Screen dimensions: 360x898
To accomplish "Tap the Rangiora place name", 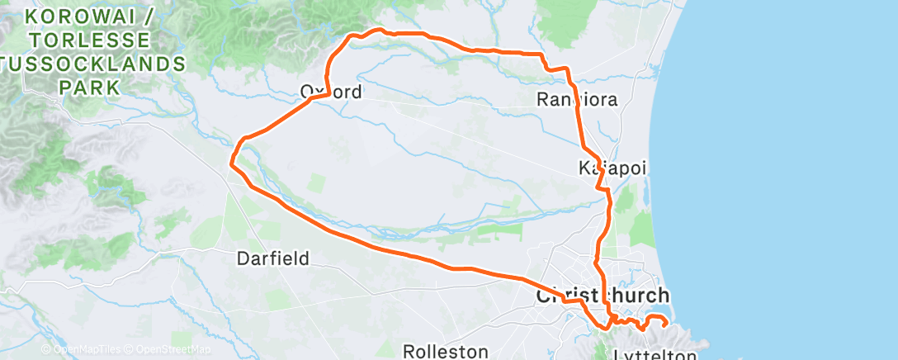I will [577, 100].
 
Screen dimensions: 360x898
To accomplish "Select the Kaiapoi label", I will [612, 168].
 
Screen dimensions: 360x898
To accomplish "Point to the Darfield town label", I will [272, 258].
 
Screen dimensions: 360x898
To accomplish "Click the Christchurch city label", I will [603, 296].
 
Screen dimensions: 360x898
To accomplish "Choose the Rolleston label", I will [447, 351].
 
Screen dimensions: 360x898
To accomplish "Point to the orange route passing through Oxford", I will [319, 96].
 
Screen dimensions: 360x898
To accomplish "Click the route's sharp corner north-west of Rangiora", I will [542, 55].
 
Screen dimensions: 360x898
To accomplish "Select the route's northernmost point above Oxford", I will [380, 30].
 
